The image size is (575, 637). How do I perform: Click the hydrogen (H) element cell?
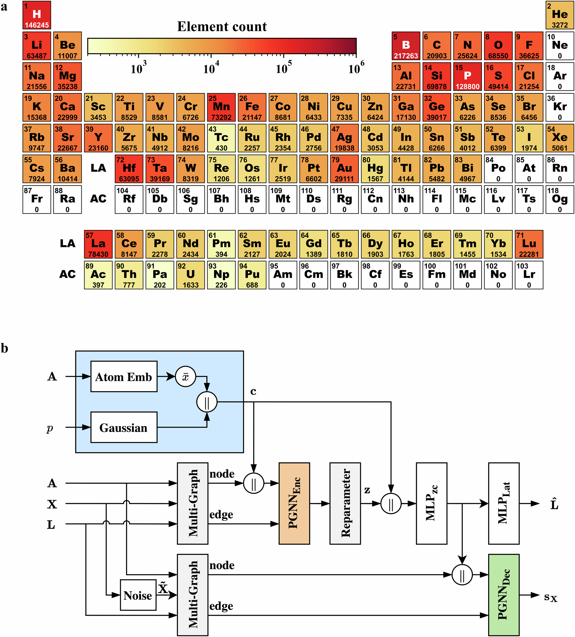pos(37,15)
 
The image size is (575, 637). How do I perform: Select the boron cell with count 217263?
pos(406,46)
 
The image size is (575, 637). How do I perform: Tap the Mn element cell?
pos(221,107)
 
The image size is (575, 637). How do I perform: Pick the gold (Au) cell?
pos(344,169)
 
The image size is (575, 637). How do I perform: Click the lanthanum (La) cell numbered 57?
pos(98,244)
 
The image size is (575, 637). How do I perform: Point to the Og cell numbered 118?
pos(559,200)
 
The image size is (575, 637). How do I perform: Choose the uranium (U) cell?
pos(191,275)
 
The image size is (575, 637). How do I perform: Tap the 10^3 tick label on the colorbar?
pos(138,69)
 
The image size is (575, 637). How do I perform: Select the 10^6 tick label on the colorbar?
pos(356,69)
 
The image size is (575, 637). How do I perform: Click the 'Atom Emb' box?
pos(124,377)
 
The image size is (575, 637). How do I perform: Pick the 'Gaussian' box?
pos(124,427)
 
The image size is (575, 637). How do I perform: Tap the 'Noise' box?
pos(138,595)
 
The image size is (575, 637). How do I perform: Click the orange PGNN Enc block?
pos(294,503)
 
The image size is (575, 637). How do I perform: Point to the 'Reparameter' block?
pos(345,503)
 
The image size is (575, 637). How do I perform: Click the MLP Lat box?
pos(504,503)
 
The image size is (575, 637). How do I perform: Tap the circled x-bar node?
pos(185,377)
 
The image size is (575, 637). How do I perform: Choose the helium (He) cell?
pos(559,15)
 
